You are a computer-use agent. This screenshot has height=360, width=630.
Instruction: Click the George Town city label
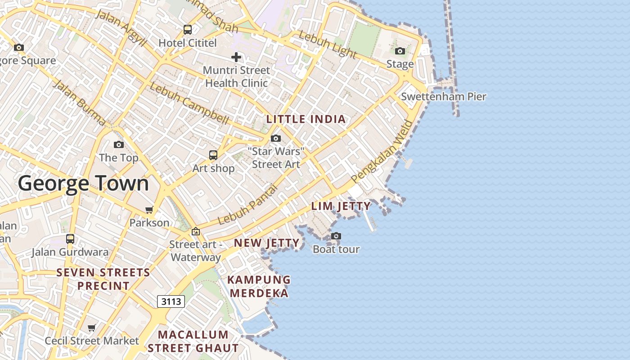tap(83, 184)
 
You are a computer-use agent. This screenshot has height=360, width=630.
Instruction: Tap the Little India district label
tap(306, 119)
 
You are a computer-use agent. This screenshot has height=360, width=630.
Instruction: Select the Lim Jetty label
tap(341, 206)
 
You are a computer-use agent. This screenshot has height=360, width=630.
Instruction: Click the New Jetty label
tap(266, 243)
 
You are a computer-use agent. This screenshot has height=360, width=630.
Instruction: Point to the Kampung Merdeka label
tap(259, 286)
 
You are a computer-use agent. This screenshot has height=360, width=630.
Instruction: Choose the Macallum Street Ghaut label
tap(193, 341)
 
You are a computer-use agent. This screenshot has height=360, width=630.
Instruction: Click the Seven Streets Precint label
tap(103, 279)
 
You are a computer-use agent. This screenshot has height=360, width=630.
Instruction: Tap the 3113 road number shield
tap(171, 301)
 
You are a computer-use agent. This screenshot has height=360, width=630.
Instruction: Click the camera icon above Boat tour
tap(336, 236)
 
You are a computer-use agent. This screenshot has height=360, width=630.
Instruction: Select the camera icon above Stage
tap(400, 51)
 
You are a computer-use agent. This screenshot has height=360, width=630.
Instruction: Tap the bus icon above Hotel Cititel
tap(188, 30)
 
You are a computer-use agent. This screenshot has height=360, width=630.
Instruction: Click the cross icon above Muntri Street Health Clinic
tap(236, 57)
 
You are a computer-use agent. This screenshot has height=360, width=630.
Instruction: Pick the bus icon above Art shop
tap(213, 155)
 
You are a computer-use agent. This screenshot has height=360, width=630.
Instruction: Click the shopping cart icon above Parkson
tap(149, 210)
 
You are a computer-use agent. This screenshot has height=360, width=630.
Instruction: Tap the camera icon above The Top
tap(119, 144)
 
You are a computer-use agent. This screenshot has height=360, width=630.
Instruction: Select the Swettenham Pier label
tap(443, 96)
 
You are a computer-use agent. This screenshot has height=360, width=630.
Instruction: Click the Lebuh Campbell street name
tap(189, 103)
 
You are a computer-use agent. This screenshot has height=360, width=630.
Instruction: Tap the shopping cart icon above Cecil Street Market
tap(92, 328)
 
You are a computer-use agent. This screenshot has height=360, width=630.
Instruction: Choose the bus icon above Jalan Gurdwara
tap(70, 238)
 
